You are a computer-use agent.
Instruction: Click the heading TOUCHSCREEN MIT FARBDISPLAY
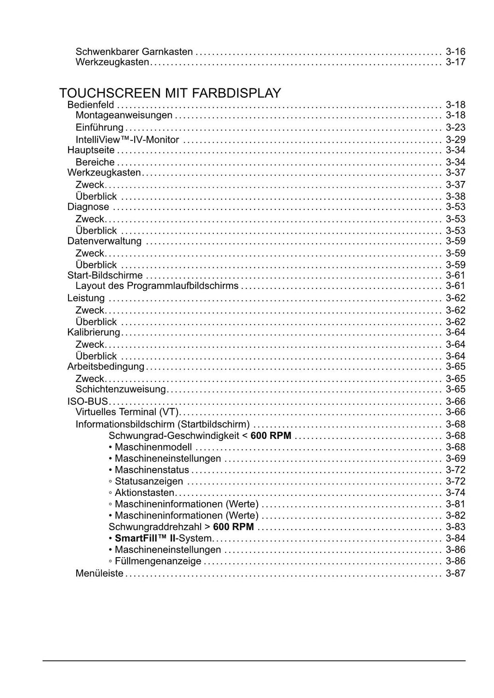click(x=170, y=93)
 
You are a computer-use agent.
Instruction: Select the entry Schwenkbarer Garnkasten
click(x=134, y=52)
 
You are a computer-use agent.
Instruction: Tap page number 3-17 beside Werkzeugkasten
click(x=455, y=62)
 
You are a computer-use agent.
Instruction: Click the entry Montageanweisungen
click(x=124, y=115)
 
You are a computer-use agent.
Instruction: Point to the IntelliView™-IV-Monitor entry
click(x=127, y=140)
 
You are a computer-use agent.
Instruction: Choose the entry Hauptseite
click(x=91, y=150)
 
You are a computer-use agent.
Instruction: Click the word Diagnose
click(x=88, y=207)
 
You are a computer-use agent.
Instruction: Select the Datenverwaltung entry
click(x=105, y=241)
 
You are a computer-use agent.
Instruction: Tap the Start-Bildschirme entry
click(x=105, y=275)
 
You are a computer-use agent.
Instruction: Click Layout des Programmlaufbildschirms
click(x=157, y=286)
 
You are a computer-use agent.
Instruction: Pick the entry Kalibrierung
click(x=94, y=332)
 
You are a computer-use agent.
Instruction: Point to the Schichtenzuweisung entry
click(x=121, y=389)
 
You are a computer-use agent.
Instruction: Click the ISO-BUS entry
click(x=88, y=401)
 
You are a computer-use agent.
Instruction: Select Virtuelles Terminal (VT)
click(x=127, y=412)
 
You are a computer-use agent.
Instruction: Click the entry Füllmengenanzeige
click(x=158, y=561)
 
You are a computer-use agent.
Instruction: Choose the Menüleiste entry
click(x=99, y=574)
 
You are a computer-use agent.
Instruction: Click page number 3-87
click(x=455, y=574)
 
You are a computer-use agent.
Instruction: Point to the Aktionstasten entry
click(x=144, y=493)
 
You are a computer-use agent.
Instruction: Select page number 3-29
click(x=455, y=140)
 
